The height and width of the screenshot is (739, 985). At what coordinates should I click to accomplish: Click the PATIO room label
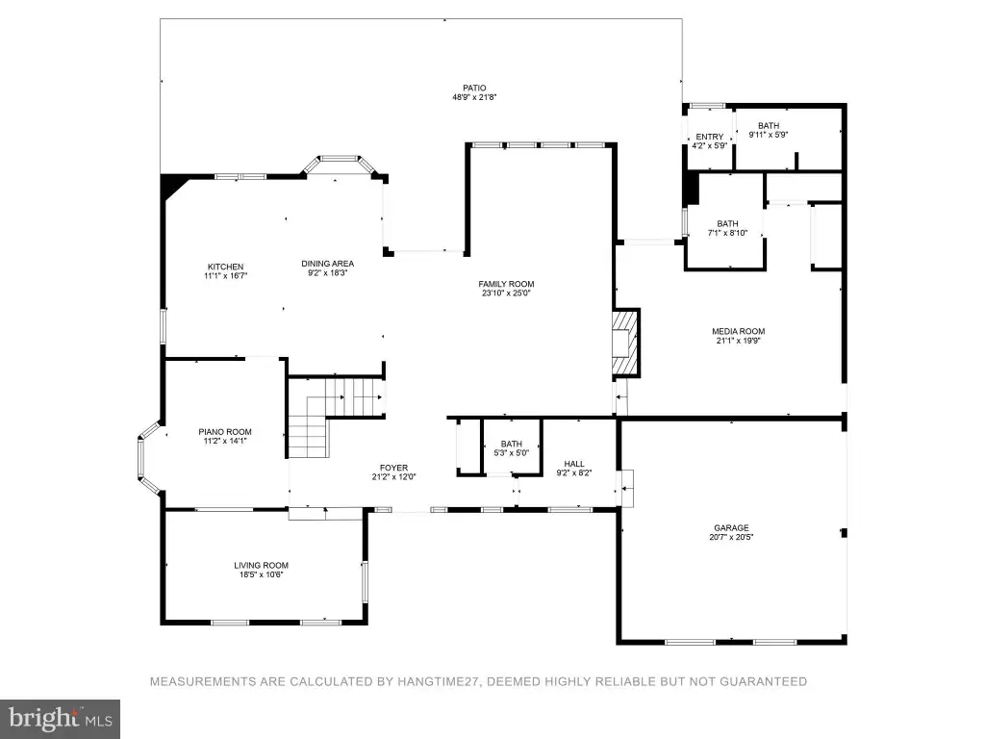pos(475,88)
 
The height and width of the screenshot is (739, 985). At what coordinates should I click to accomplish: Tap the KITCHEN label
pos(225,267)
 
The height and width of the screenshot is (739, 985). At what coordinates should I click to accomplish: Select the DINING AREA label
pos(327,264)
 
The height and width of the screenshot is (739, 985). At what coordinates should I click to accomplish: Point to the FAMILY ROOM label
pos(506,284)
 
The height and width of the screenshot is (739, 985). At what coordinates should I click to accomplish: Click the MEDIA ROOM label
pos(738,331)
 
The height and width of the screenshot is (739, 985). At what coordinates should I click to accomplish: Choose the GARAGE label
pos(731,528)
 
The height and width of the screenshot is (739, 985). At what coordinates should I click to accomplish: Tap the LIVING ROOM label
pos(262,565)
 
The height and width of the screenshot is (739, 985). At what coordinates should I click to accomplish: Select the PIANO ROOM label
pos(225,432)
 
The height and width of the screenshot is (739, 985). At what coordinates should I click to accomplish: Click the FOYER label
pos(393,468)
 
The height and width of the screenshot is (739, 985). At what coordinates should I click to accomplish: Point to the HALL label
pos(574,464)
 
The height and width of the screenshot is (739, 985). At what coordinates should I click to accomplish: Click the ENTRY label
pos(710,137)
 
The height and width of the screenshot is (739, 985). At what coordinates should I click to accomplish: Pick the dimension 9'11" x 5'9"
pos(769,135)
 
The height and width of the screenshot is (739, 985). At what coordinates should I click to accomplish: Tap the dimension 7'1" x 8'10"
pos(727,233)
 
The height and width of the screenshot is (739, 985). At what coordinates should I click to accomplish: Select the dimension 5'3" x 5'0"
pos(512,452)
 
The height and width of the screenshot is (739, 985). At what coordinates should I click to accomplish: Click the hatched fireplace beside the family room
pos(626,344)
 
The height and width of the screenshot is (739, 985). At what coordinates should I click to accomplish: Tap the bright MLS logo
pos(61,719)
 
